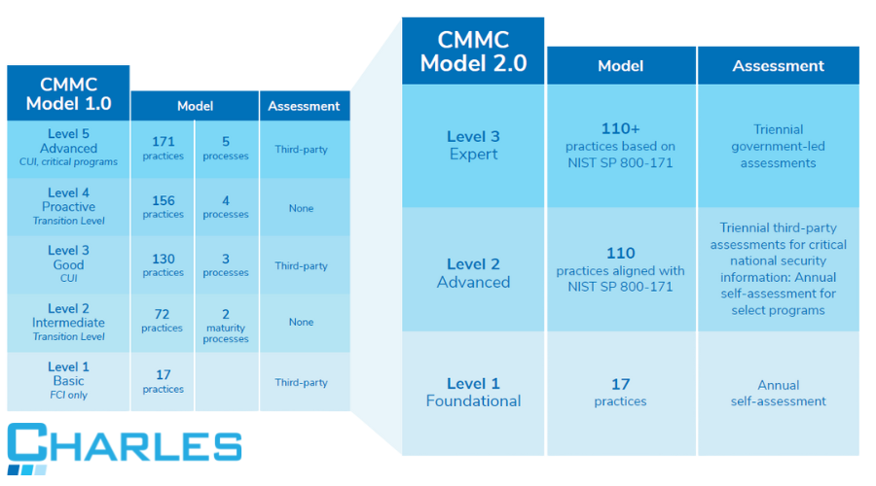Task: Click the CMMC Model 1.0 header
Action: (68, 92)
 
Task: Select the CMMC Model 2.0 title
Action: (473, 52)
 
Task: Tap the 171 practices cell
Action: (163, 148)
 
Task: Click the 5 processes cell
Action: (226, 148)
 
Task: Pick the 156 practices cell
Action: (163, 207)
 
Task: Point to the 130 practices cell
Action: (163, 264)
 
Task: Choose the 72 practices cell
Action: (163, 321)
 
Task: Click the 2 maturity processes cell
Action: (226, 326)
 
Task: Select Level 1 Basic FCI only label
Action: (68, 380)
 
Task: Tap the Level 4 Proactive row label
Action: (68, 207)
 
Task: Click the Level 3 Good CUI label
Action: (68, 263)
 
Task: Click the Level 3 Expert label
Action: (473, 145)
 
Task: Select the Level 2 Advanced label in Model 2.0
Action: (473, 272)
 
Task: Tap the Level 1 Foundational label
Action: (473, 392)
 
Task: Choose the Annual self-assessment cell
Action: (778, 393)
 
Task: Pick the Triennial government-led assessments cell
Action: (778, 146)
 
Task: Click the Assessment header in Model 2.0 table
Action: (778, 66)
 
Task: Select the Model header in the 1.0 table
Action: (195, 106)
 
